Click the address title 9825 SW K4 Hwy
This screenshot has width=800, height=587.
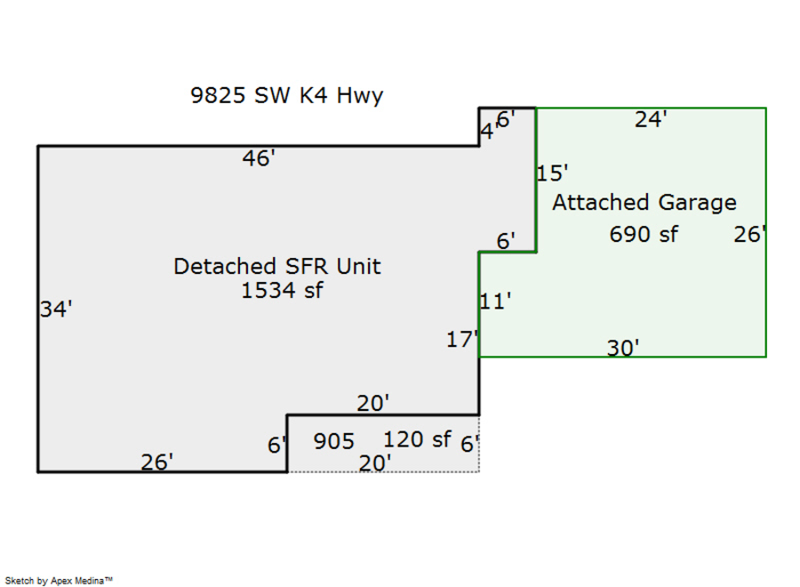click(287, 95)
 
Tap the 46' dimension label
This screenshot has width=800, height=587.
click(259, 158)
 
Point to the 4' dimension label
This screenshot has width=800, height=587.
click(487, 132)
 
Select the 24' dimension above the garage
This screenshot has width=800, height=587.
click(651, 120)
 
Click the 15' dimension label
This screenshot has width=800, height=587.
click(553, 173)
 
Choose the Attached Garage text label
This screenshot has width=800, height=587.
click(644, 203)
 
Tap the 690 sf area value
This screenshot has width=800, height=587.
click(644, 235)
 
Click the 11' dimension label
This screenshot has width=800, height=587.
click(495, 302)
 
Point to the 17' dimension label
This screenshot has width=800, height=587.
click(462, 339)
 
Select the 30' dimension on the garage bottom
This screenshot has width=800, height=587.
click(623, 348)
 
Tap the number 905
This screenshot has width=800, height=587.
click(334, 441)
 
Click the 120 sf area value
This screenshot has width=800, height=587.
click(417, 439)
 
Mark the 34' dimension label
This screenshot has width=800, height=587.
click(56, 310)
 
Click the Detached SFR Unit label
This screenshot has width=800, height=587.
click(277, 266)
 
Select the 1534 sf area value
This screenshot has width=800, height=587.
click(282, 290)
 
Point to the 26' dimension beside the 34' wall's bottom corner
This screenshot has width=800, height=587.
click(156, 462)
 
